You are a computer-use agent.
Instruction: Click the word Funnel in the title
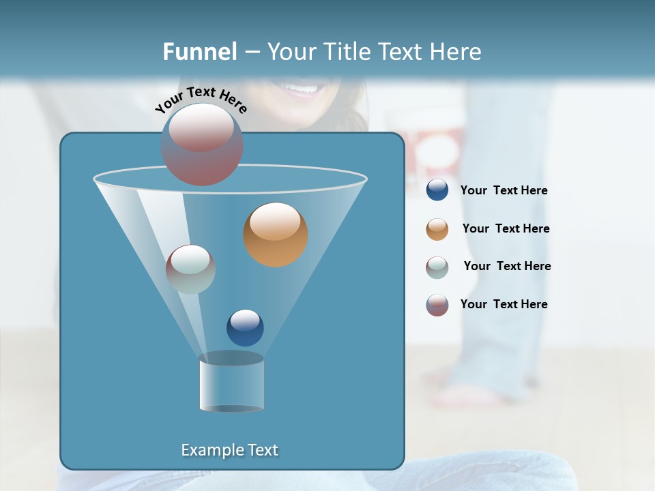click(199, 51)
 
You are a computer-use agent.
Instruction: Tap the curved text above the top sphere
click(201, 100)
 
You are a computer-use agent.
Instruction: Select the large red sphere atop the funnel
click(201, 144)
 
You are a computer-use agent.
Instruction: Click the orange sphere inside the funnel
click(275, 234)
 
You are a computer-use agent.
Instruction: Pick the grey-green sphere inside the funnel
click(190, 269)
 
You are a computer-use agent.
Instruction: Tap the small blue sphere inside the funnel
click(245, 327)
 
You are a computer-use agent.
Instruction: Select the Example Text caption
click(230, 450)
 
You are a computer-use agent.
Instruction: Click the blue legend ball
click(437, 190)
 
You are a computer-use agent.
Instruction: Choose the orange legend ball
click(437, 229)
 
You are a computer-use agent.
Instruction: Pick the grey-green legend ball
click(437, 267)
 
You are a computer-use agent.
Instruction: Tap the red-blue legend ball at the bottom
click(437, 305)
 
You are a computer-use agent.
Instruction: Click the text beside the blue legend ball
click(504, 191)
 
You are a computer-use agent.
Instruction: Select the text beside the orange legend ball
click(506, 229)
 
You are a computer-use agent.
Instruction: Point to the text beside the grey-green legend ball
click(507, 267)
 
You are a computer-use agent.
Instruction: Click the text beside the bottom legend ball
click(504, 304)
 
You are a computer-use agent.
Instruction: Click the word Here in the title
click(457, 51)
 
